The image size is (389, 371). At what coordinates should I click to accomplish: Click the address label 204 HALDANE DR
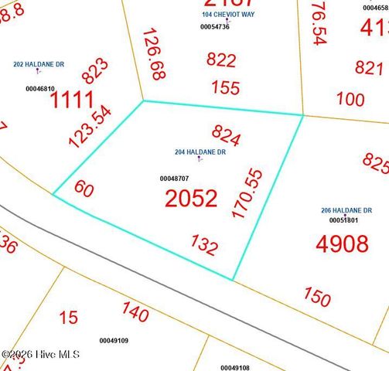pyautogui.click(x=200, y=152)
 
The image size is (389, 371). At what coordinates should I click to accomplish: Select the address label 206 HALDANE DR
pyautogui.click(x=346, y=210)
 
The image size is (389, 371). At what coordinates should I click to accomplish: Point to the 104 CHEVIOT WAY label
pyautogui.click(x=227, y=14)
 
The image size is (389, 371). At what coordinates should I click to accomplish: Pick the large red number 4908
pyautogui.click(x=342, y=244)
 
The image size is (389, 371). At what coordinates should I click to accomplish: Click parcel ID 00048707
pyautogui.click(x=174, y=179)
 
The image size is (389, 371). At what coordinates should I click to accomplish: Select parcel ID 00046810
pyautogui.click(x=40, y=89)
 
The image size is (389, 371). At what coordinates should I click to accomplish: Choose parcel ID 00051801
pyautogui.click(x=344, y=220)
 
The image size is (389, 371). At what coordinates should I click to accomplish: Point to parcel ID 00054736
pyautogui.click(x=215, y=27)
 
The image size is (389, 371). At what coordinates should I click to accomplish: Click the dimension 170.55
pyautogui.click(x=248, y=183)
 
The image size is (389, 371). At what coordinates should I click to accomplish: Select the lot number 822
pyautogui.click(x=222, y=60)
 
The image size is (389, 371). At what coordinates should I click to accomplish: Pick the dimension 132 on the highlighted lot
pyautogui.click(x=203, y=245)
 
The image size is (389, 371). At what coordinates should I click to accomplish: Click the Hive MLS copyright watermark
pyautogui.click(x=41, y=354)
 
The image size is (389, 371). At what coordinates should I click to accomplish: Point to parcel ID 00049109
pyautogui.click(x=114, y=340)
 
